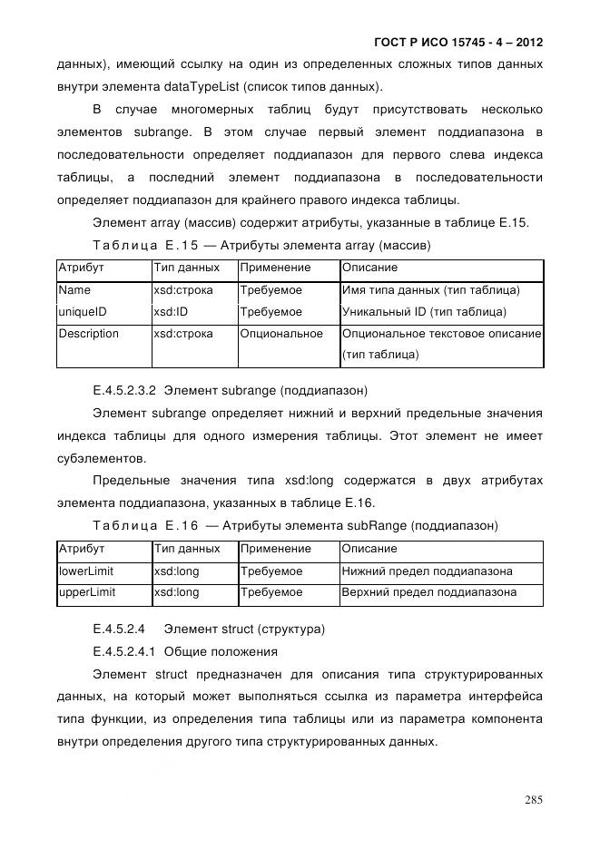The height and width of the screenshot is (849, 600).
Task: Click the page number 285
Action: (x=533, y=799)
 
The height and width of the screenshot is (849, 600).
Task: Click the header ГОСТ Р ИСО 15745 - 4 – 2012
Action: (x=458, y=43)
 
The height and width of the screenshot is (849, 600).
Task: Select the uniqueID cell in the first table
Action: (x=83, y=312)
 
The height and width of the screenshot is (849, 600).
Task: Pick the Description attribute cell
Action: (x=89, y=334)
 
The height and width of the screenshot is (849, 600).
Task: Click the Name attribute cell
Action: (x=74, y=290)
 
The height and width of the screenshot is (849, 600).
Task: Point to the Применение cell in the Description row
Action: (x=281, y=334)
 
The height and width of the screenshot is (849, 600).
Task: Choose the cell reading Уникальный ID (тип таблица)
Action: (x=424, y=312)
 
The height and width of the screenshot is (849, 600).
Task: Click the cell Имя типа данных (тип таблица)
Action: (x=430, y=290)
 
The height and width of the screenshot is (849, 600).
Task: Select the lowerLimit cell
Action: (x=85, y=571)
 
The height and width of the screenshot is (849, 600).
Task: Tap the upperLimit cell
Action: (x=87, y=592)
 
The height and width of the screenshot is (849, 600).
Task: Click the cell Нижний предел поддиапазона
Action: (x=427, y=571)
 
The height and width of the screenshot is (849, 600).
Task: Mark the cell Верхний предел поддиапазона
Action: (x=429, y=592)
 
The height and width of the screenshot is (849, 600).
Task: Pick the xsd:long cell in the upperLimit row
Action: (x=176, y=592)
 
